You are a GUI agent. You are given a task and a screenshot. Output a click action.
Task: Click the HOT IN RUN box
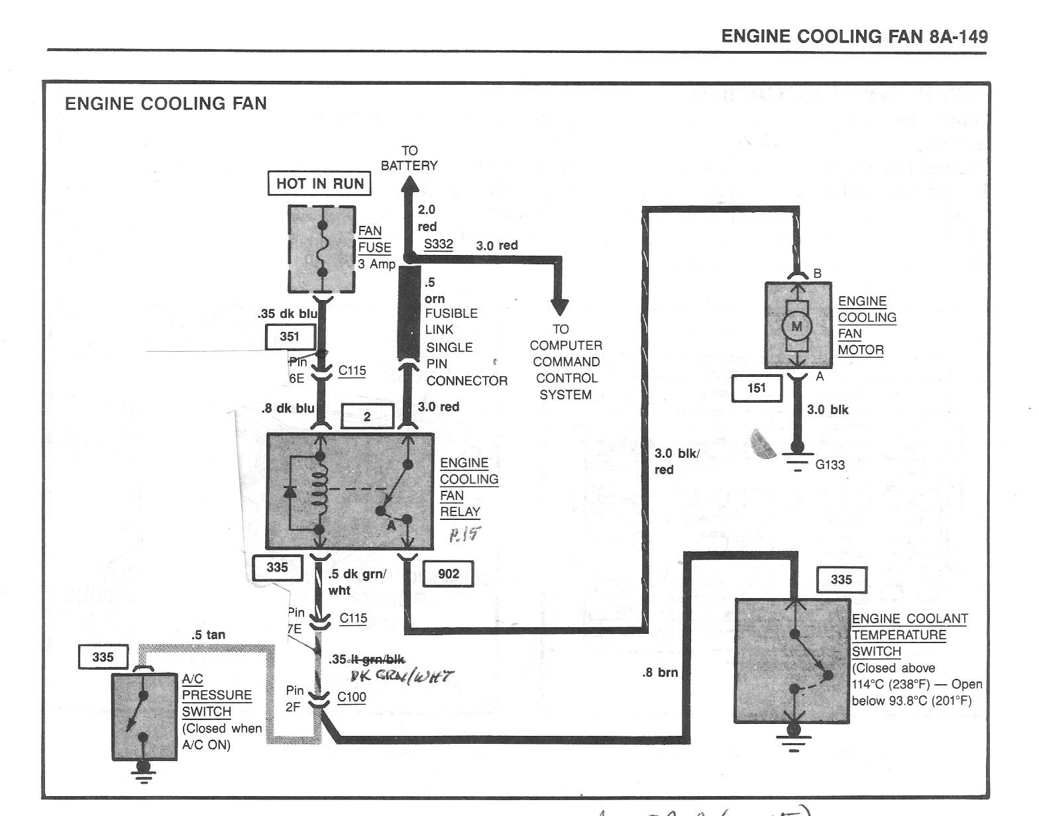tap(319, 183)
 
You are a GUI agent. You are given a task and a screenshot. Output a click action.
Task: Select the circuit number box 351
tap(290, 336)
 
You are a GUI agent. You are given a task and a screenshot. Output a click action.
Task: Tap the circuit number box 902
tap(449, 574)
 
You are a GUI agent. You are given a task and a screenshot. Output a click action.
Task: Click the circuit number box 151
tap(756, 388)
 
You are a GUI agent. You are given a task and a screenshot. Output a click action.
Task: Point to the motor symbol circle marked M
tap(797, 326)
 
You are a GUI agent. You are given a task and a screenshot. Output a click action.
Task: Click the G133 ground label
tap(830, 465)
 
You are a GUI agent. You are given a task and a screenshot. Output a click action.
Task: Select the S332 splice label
tap(438, 244)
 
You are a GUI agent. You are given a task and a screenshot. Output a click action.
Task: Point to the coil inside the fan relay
tap(321, 491)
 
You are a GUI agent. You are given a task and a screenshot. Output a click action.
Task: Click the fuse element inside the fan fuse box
tap(323, 248)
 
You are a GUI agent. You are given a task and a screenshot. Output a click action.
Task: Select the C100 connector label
tap(351, 697)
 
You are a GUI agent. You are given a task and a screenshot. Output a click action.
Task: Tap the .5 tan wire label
tap(208, 635)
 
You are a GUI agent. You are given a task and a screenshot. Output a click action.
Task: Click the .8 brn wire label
tap(659, 673)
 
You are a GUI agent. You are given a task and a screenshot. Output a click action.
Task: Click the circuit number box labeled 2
tap(367, 417)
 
